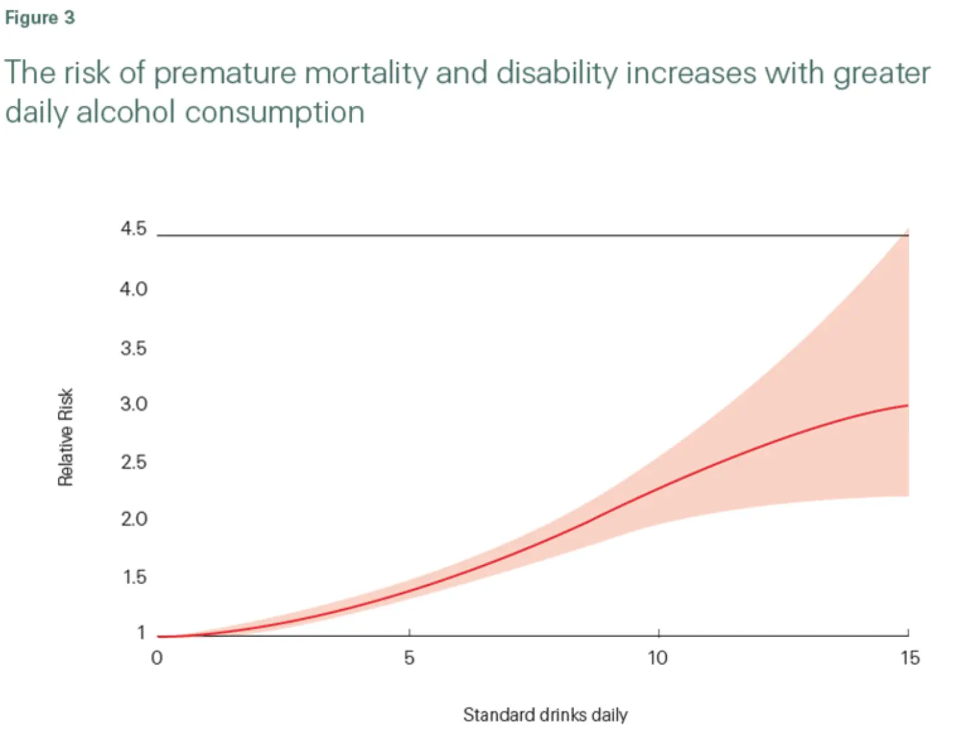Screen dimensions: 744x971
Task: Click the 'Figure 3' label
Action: point(39,17)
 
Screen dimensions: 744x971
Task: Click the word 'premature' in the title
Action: point(223,73)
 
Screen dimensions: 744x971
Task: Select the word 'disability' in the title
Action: point(557,73)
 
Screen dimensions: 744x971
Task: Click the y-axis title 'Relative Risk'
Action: point(66,437)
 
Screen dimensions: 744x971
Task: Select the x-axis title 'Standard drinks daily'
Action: point(545,715)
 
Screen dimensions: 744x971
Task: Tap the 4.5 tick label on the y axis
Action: point(133,229)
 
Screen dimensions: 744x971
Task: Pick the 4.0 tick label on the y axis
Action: point(133,289)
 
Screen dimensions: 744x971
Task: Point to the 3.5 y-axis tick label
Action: point(133,349)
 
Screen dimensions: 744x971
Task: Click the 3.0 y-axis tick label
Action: point(133,404)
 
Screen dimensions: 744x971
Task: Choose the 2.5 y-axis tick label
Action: point(133,462)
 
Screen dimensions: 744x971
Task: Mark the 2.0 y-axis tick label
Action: point(133,519)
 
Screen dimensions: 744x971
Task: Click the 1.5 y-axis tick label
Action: point(134,577)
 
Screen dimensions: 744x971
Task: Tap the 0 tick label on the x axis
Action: point(157,659)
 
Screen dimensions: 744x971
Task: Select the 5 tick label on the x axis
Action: point(409,659)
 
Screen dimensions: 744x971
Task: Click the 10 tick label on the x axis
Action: point(658,659)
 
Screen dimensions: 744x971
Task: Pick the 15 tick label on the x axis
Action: point(910,659)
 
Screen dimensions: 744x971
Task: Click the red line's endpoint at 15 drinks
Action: point(908,405)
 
